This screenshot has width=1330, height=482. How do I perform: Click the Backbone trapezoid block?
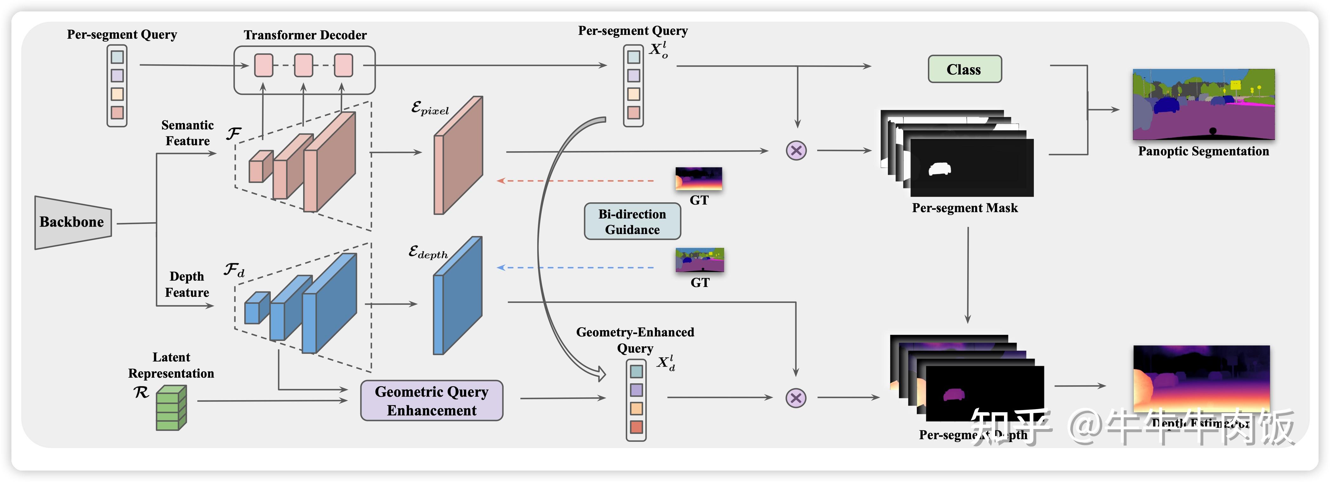pyautogui.click(x=72, y=222)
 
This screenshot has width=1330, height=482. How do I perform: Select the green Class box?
pyautogui.click(x=964, y=69)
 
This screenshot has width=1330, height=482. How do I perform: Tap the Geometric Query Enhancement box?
pyautogui.click(x=432, y=401)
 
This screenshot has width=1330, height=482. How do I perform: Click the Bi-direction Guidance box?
pyautogui.click(x=632, y=221)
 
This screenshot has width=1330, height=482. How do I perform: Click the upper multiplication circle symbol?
pyautogui.click(x=796, y=151)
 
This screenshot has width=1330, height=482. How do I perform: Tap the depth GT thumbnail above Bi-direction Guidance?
pyautogui.click(x=699, y=179)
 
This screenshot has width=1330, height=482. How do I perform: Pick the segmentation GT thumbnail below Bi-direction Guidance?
pyautogui.click(x=700, y=260)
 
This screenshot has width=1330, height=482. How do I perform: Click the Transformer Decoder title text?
pyautogui.click(x=305, y=35)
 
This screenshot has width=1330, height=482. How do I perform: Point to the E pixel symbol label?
pyautogui.click(x=430, y=108)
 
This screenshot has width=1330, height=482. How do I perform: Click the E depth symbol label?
pyautogui.click(x=428, y=252)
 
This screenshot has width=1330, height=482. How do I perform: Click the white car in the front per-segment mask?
pyautogui.click(x=940, y=169)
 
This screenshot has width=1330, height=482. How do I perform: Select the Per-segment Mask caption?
pyautogui.click(x=964, y=208)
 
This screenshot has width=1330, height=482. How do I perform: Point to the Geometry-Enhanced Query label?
pyautogui.click(x=635, y=340)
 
